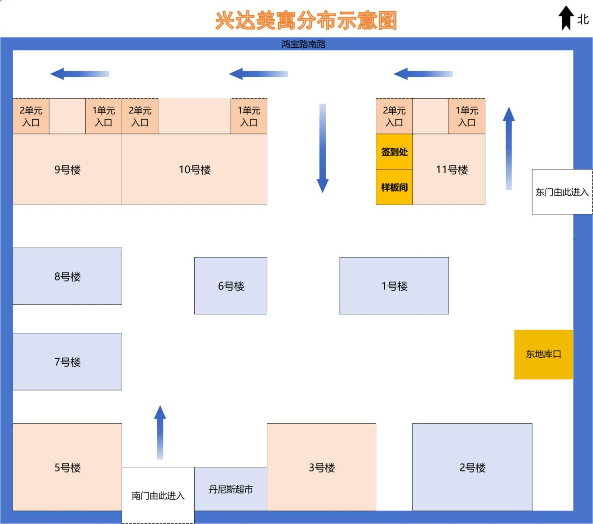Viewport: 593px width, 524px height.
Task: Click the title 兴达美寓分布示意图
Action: [x=306, y=21]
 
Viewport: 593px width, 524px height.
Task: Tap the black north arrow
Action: [x=566, y=18]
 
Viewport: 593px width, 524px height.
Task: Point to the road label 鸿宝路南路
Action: [x=303, y=44]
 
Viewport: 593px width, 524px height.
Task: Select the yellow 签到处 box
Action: [x=394, y=152]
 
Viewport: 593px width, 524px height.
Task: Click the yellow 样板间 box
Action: [x=394, y=187]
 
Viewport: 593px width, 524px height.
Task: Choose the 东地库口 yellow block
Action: [x=543, y=354]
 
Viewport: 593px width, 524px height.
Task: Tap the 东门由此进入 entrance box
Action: [x=562, y=192]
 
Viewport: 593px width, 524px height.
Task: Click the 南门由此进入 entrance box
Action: [x=158, y=495]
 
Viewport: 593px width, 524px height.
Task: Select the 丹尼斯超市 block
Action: [x=231, y=489]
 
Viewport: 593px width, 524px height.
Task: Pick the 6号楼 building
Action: [x=231, y=286]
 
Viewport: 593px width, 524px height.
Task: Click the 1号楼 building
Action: [x=394, y=286]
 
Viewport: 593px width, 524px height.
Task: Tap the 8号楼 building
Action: [x=67, y=276]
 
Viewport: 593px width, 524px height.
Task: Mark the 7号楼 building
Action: [x=67, y=362]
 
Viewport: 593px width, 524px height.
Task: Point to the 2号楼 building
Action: [x=472, y=467]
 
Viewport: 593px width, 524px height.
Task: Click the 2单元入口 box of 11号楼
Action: [x=394, y=116]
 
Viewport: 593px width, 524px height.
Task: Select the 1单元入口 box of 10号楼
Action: [x=249, y=116]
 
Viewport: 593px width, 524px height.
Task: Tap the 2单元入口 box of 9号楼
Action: [x=31, y=116]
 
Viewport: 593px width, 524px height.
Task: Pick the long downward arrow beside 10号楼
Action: [x=322, y=148]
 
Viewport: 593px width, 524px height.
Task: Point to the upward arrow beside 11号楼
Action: [x=509, y=148]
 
